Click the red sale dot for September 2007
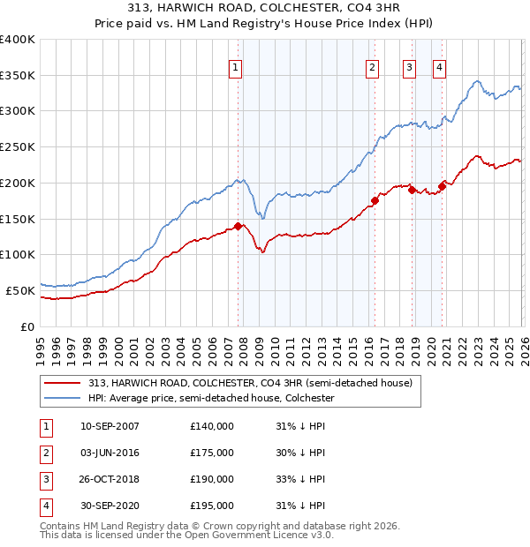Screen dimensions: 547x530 pos(238,226)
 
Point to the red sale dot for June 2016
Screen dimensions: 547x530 pos(375,200)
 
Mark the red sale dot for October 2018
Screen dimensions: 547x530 pos(412,190)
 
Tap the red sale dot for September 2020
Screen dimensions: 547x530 pos(442,186)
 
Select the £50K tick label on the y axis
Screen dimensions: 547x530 pos(20,290)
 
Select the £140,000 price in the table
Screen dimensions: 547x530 pos(212,427)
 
